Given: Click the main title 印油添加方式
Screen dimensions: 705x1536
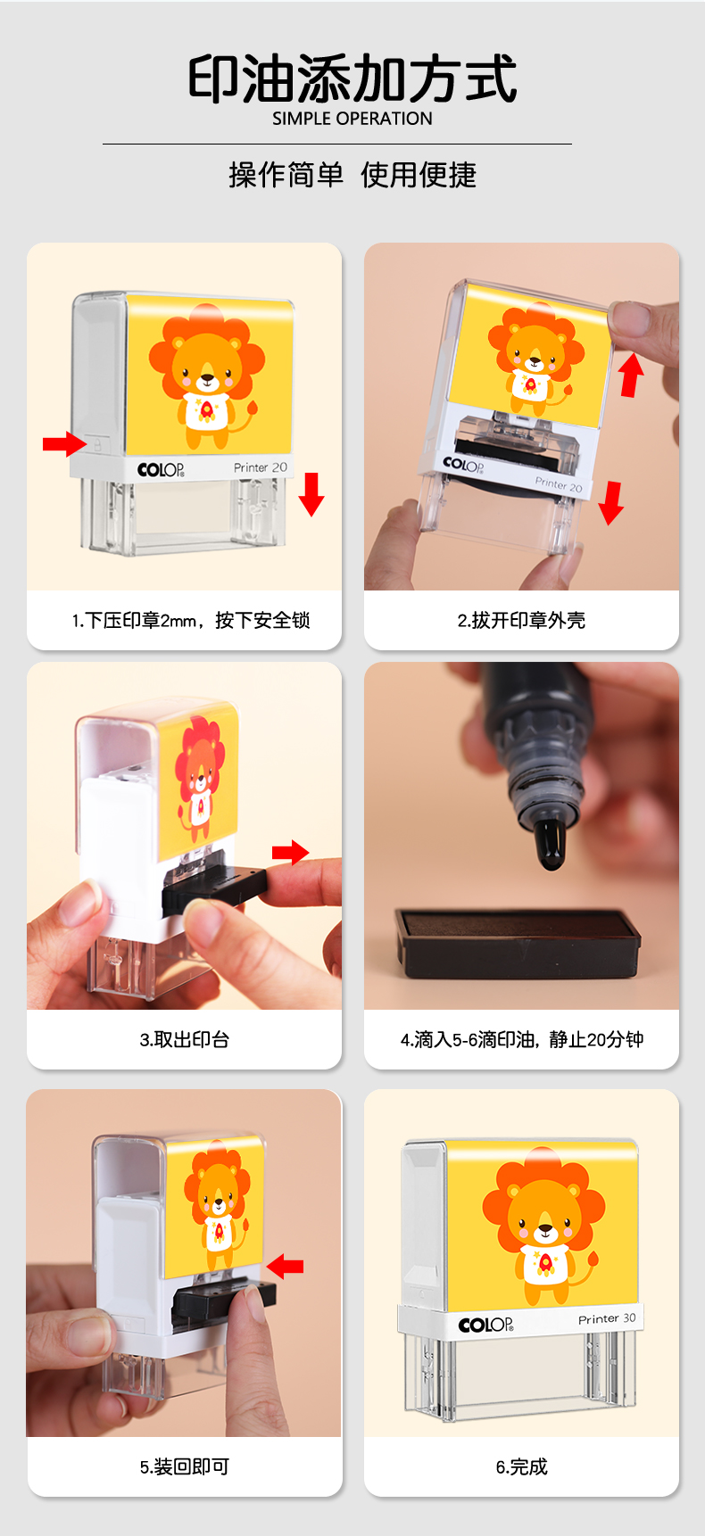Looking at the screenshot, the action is point(352,78).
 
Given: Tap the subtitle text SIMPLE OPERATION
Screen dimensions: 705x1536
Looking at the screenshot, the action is point(352,119).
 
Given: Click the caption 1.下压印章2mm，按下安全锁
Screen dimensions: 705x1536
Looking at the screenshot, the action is point(191,620).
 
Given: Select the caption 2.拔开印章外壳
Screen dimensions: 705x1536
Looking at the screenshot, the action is point(522,620).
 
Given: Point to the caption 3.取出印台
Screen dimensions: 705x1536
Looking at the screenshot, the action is point(185,1039).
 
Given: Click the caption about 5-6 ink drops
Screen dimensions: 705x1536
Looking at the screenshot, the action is point(522,1039).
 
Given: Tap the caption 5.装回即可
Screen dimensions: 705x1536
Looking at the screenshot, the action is point(185,1466).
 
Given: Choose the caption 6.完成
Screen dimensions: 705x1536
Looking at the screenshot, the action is point(522,1466).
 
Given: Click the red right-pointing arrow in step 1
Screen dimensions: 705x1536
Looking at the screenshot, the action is point(65,443).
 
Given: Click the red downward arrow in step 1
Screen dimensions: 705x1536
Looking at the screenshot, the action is point(311,494).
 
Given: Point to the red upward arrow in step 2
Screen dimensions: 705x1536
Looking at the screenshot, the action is point(632,374).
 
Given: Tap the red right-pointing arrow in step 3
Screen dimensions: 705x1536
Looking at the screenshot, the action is point(290,853).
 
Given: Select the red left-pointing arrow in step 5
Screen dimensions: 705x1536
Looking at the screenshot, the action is point(285,1266).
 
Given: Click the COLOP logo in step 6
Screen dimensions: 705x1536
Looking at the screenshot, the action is point(485,1325).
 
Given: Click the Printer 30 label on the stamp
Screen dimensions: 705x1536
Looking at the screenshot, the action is point(607,1318).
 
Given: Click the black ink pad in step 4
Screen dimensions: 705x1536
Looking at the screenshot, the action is point(518,943).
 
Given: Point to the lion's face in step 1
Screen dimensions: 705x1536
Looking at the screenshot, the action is point(207,367).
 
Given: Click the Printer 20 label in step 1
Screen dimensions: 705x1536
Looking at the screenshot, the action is point(261,467).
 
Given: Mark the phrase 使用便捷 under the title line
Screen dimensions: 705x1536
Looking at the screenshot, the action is point(419,175).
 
